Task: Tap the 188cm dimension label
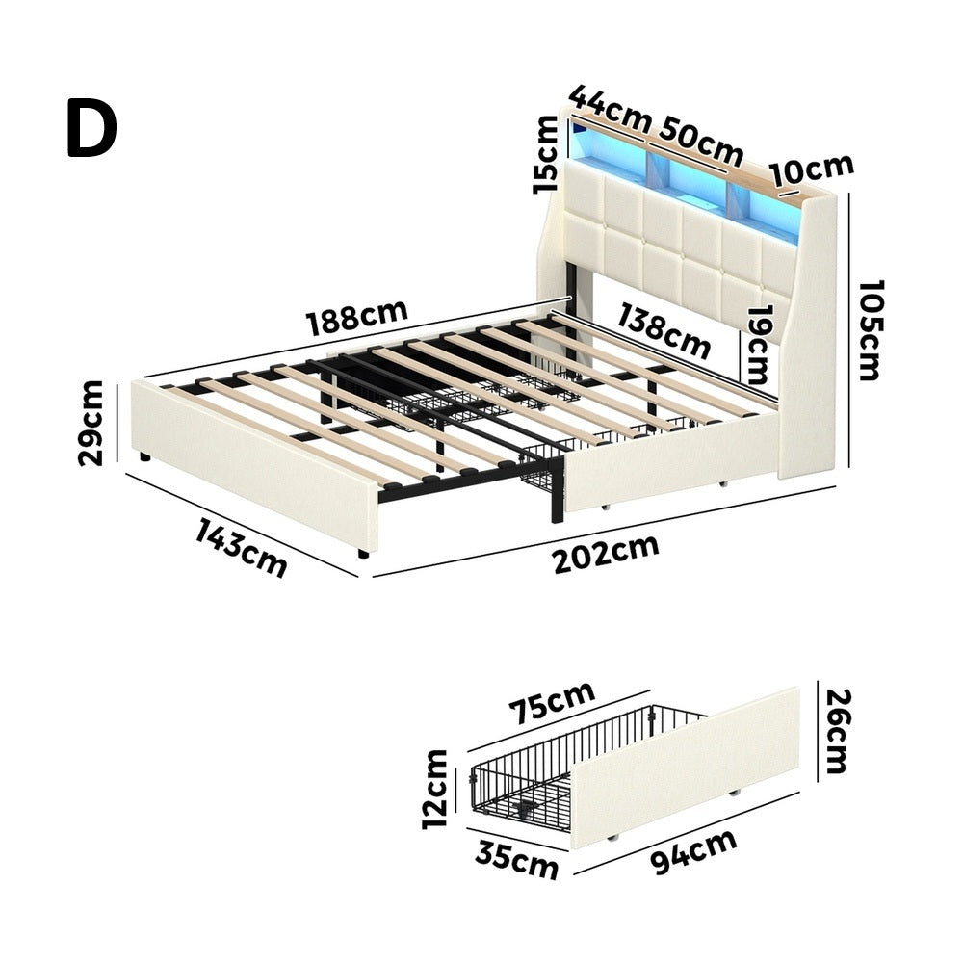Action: pyautogui.click(x=357, y=317)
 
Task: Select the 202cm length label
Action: pyautogui.click(x=606, y=553)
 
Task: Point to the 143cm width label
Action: pyautogui.click(x=242, y=548)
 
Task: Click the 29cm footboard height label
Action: pyautogui.click(x=91, y=423)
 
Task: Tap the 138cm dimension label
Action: pyautogui.click(x=664, y=331)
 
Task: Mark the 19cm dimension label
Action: pyautogui.click(x=755, y=345)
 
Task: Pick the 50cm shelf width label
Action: pyautogui.click(x=701, y=143)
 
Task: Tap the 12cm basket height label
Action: pyautogui.click(x=435, y=790)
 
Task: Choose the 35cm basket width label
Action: pyautogui.click(x=516, y=859)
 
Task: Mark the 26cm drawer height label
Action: pyautogui.click(x=838, y=731)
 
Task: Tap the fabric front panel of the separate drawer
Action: pyautogui.click(x=685, y=768)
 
